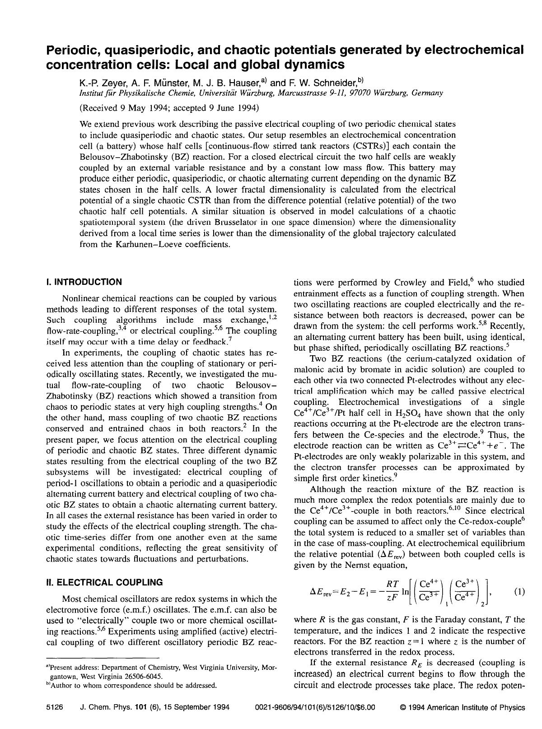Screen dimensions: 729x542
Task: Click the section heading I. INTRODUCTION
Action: coord(84,282)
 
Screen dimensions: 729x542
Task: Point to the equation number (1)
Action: coord(519,591)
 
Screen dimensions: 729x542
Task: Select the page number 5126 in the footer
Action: coord(55,707)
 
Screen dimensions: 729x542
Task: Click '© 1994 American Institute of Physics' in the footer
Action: coord(463,707)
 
